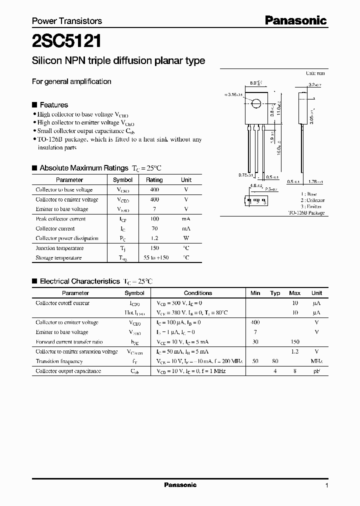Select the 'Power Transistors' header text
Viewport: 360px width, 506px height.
66,21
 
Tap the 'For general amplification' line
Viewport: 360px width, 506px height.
71,81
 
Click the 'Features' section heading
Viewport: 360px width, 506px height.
53,105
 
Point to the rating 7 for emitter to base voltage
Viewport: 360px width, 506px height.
154,209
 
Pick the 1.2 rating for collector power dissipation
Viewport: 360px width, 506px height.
154,238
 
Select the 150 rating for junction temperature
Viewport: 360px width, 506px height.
154,248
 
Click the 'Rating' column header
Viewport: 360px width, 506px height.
154,180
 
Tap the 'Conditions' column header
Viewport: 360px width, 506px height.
198,293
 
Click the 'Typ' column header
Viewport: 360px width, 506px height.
275,293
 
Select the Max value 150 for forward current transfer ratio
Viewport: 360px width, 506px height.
295,342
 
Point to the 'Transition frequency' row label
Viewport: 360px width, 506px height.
58,361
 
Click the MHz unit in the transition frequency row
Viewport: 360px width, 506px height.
316,361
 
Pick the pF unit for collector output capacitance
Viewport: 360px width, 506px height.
316,371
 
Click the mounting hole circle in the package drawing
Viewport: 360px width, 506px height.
256,104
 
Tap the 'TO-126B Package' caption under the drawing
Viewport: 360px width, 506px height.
306,213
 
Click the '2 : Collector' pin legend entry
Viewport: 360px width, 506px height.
312,200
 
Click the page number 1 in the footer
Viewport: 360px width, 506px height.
326,485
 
